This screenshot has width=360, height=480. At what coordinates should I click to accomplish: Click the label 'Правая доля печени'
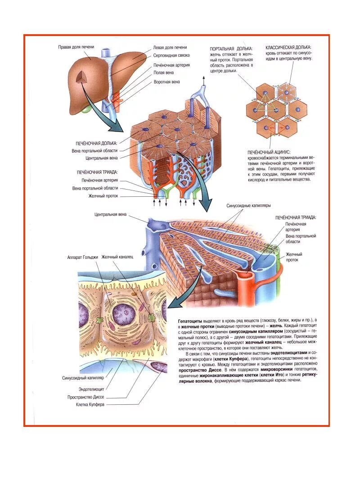tap(76, 47)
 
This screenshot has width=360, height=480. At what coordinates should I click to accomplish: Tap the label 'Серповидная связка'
tap(171, 55)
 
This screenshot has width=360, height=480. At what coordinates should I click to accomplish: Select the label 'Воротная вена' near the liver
tap(166, 82)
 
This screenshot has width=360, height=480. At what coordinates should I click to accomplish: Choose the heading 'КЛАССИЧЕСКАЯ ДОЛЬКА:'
tap(288, 47)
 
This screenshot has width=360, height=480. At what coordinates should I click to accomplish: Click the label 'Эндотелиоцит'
tap(91, 389)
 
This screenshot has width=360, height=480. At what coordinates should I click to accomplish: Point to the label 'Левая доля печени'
tap(170, 47)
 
